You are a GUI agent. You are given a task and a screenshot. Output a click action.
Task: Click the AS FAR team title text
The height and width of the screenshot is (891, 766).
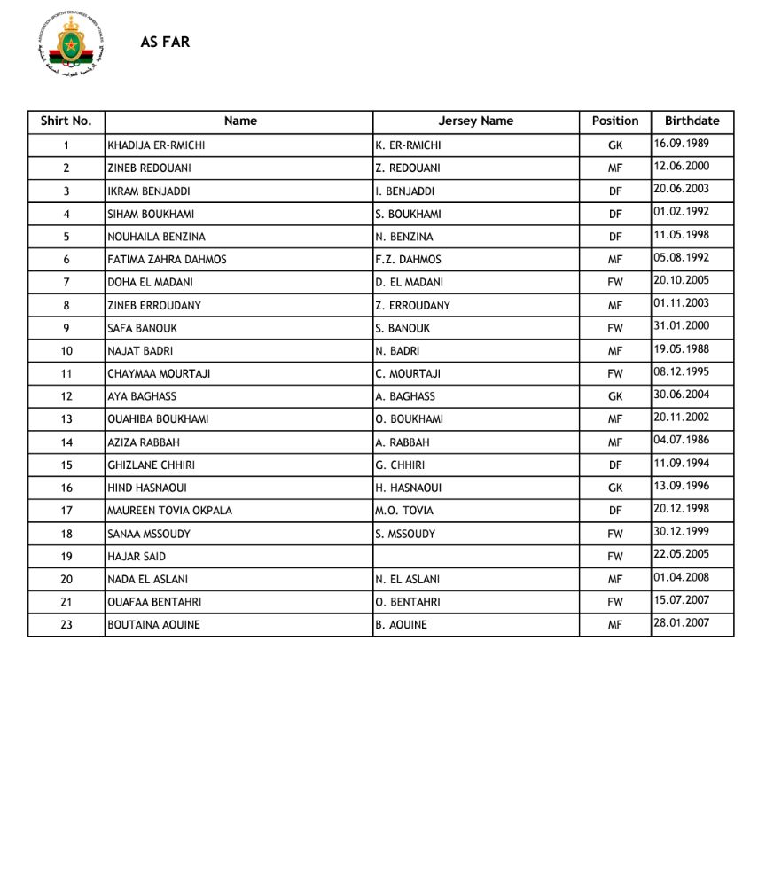(165, 42)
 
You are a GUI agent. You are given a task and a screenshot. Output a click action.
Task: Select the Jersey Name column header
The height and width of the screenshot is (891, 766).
(475, 121)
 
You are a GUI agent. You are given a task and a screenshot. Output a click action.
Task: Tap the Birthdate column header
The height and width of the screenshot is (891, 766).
(692, 121)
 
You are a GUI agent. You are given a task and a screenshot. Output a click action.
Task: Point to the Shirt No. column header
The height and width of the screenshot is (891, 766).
(66, 121)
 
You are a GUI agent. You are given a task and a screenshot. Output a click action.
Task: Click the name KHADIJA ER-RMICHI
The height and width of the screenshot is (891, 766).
(161, 145)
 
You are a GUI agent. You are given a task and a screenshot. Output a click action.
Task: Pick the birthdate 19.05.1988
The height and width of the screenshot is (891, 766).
(681, 349)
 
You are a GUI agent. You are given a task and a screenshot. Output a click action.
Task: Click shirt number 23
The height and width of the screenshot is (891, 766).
(66, 625)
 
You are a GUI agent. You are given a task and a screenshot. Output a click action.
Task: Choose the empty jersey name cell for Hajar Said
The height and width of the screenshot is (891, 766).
(475, 557)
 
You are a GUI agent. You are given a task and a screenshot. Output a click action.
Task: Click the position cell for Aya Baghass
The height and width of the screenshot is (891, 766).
(615, 396)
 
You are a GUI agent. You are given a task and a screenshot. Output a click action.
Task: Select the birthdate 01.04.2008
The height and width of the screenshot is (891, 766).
(681, 578)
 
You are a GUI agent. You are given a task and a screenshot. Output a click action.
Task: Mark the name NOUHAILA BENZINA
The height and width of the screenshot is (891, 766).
(156, 237)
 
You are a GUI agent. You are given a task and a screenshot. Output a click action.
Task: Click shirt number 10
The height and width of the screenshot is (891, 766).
(66, 351)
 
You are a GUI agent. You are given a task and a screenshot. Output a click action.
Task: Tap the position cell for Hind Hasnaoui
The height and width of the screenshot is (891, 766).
(615, 488)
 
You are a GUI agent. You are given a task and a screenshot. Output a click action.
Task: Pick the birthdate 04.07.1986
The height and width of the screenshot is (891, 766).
(681, 441)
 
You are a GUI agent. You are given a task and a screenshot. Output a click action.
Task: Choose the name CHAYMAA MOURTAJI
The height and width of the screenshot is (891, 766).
(159, 374)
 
